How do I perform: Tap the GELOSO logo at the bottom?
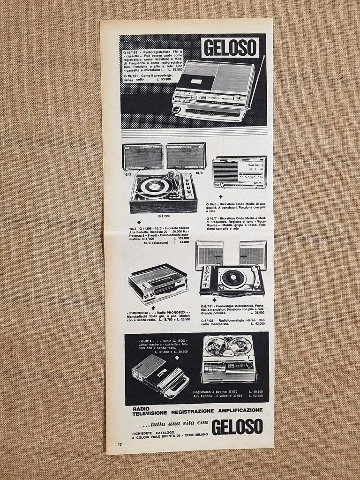tap(236, 427)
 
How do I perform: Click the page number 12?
tap(120, 444)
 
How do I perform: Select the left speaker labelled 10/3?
tap(142, 157)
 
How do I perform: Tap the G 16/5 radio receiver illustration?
tap(239, 172)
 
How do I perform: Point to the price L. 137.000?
tap(181, 238)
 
